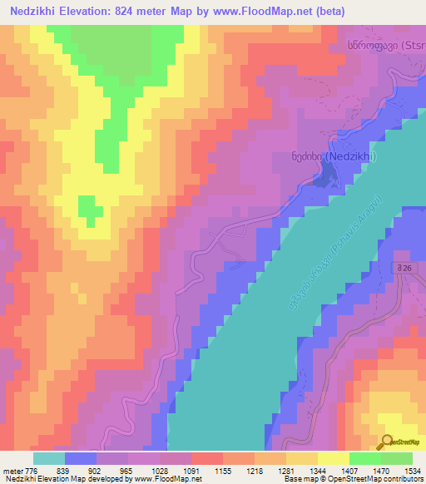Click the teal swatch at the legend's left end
[49, 458]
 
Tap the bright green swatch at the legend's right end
[397, 458]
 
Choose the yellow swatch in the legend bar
[334, 458]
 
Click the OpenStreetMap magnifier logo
[386, 442]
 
